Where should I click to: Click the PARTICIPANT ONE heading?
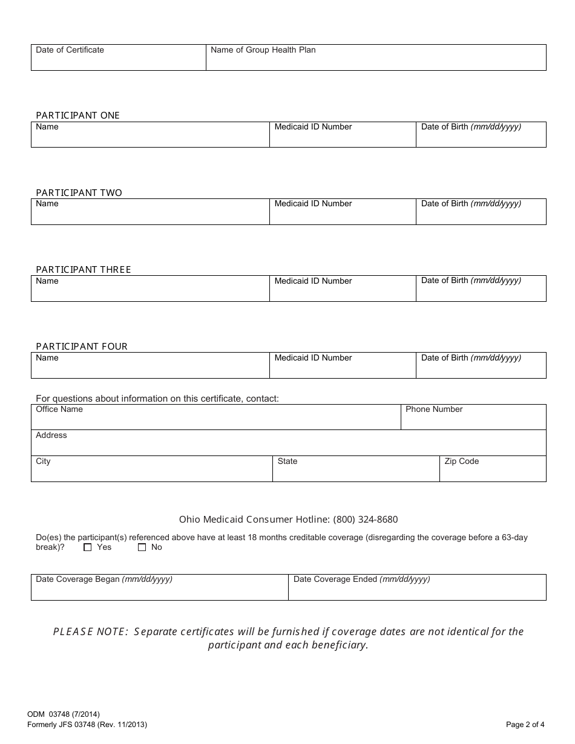point(77,116)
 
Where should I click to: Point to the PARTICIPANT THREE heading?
point(83,270)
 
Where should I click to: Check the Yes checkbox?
point(88,547)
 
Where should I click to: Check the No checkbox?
point(142,547)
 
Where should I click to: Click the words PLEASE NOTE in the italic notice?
point(90,631)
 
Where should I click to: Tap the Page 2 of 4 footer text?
point(525,724)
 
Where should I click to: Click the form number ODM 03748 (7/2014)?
point(59,714)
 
